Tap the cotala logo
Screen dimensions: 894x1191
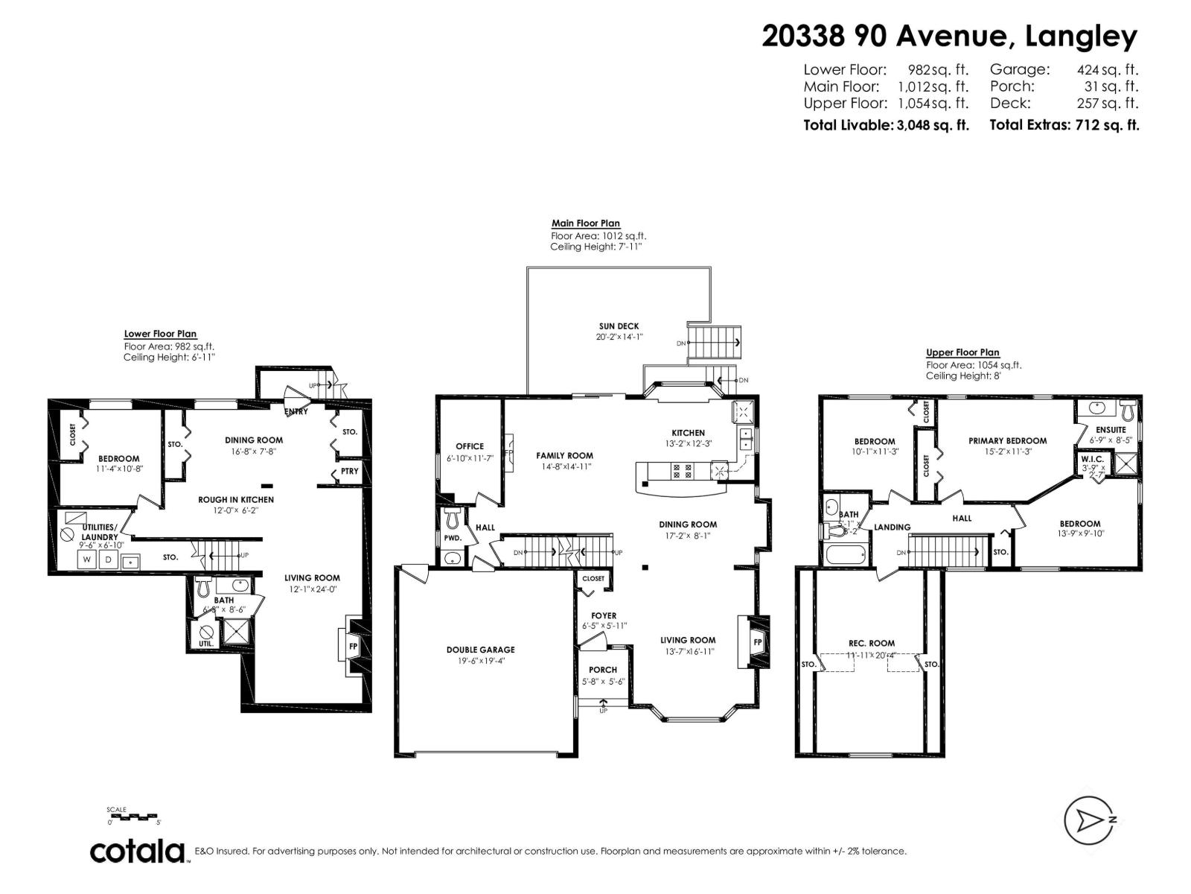[138, 851]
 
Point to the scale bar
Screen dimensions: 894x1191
[134, 817]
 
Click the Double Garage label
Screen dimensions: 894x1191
[480, 650]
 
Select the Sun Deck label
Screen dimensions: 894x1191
[619, 326]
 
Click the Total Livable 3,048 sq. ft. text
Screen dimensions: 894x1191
[886, 125]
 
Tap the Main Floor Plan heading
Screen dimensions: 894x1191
[585, 223]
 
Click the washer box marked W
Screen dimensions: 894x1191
[87, 559]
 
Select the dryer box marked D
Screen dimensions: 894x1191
[108, 559]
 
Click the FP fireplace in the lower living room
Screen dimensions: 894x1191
[353, 646]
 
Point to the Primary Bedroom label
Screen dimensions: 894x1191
[1007, 440]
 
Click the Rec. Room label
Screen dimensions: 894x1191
[872, 643]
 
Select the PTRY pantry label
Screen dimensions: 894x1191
[349, 471]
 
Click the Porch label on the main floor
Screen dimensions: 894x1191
[603, 670]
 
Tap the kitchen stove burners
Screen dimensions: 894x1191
[682, 471]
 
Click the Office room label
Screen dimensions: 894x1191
[470, 446]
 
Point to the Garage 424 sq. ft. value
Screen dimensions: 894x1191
[1108, 69]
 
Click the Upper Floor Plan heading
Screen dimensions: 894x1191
[962, 352]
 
